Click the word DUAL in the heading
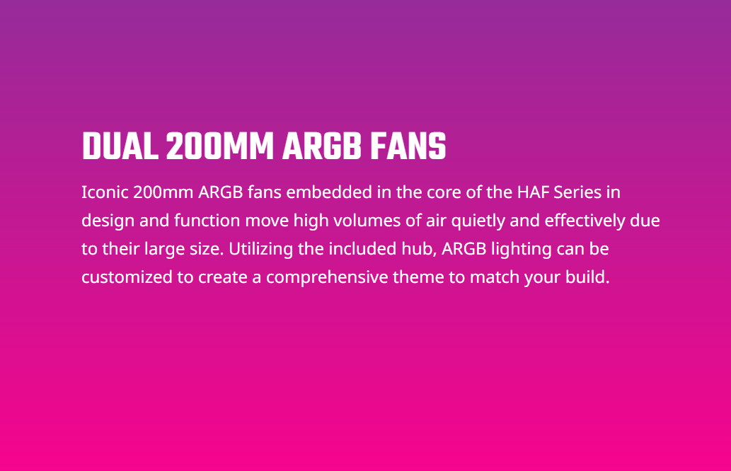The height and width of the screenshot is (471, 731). [120, 146]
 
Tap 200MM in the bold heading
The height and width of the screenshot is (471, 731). [219, 146]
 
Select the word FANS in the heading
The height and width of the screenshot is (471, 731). [408, 146]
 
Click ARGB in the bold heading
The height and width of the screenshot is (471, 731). [322, 146]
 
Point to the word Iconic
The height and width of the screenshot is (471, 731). [105, 192]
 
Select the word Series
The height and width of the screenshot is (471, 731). [577, 192]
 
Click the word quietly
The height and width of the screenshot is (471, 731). [478, 221]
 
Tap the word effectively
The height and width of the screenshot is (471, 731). [585, 221]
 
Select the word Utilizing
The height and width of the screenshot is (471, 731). [260, 249]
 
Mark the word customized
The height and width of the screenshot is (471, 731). [127, 277]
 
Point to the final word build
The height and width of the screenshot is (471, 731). [587, 277]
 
